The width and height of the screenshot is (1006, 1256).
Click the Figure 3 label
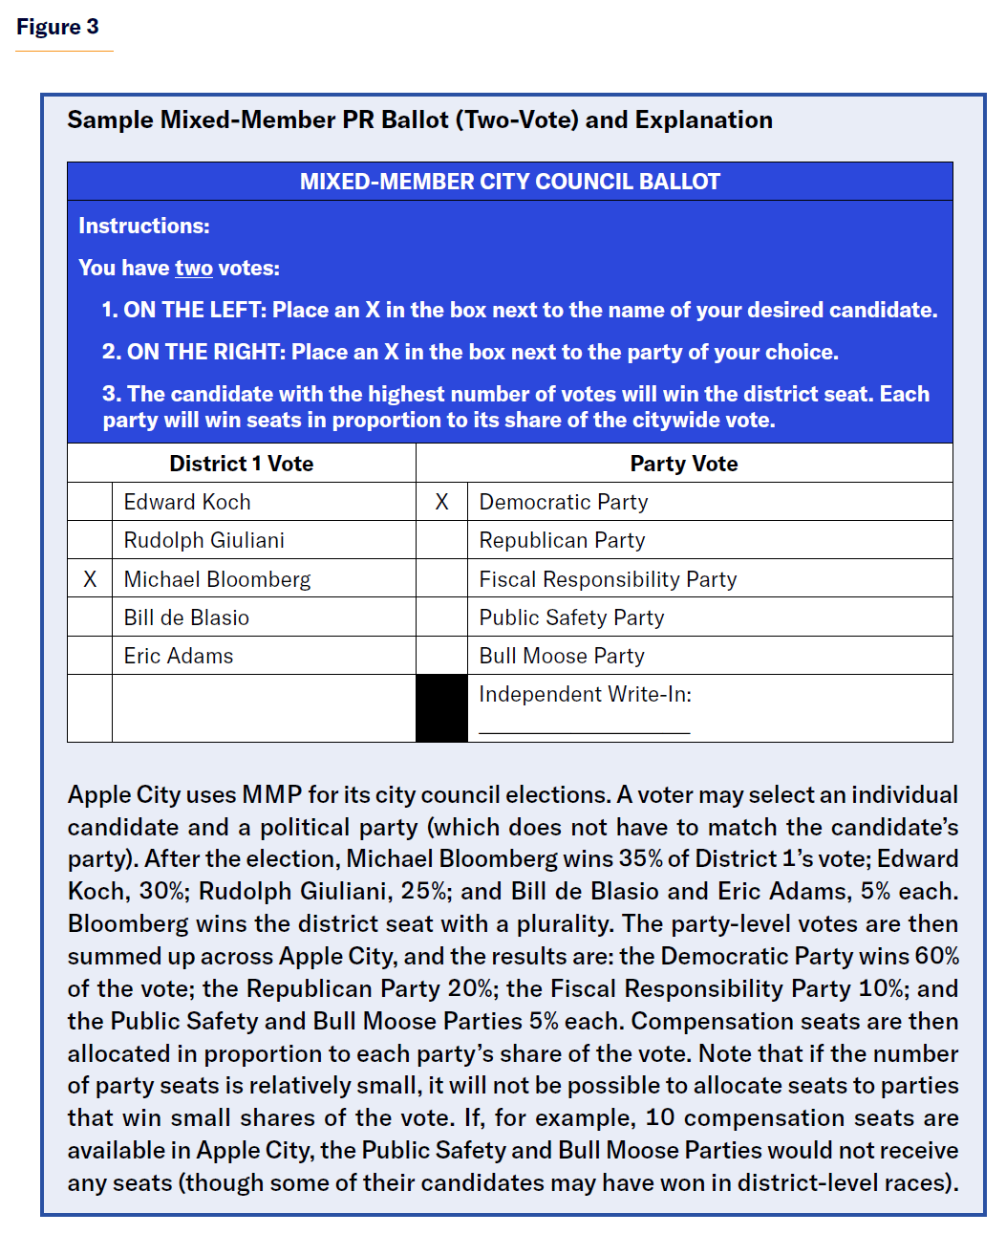(57, 27)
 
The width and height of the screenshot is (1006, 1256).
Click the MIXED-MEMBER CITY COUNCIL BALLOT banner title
(509, 182)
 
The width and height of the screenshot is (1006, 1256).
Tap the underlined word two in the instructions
(193, 268)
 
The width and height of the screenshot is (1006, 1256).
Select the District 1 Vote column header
(241, 464)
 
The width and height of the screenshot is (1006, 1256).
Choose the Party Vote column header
(683, 464)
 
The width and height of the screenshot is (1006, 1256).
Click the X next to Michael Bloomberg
(90, 579)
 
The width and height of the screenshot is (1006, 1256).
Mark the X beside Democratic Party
(441, 502)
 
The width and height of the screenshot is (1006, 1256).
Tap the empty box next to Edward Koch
(90, 502)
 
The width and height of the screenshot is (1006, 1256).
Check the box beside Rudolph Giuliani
(90, 540)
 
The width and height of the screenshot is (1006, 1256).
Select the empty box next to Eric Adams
(90, 656)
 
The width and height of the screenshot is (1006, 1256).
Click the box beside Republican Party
(441, 540)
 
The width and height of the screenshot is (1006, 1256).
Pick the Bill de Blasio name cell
(186, 617)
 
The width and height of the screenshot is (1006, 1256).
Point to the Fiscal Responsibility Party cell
(608, 579)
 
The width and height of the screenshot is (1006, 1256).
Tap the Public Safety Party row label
(571, 617)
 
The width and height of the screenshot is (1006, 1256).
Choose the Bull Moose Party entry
(562, 656)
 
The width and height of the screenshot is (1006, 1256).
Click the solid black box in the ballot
(441, 708)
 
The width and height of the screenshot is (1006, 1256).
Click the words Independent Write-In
(585, 695)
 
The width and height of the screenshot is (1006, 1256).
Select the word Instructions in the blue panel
(143, 226)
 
